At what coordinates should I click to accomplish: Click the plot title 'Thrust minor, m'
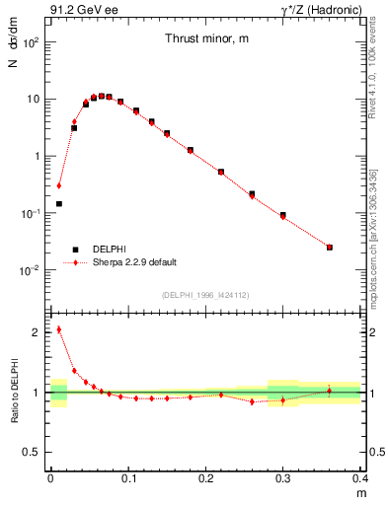point(205,38)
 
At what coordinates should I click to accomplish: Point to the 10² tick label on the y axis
point(32,42)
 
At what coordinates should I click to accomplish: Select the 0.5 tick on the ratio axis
point(34,452)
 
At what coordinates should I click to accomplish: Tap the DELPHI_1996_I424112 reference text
point(204,295)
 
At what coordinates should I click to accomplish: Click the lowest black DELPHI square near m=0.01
point(59,204)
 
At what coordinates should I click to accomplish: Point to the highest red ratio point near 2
point(59,329)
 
